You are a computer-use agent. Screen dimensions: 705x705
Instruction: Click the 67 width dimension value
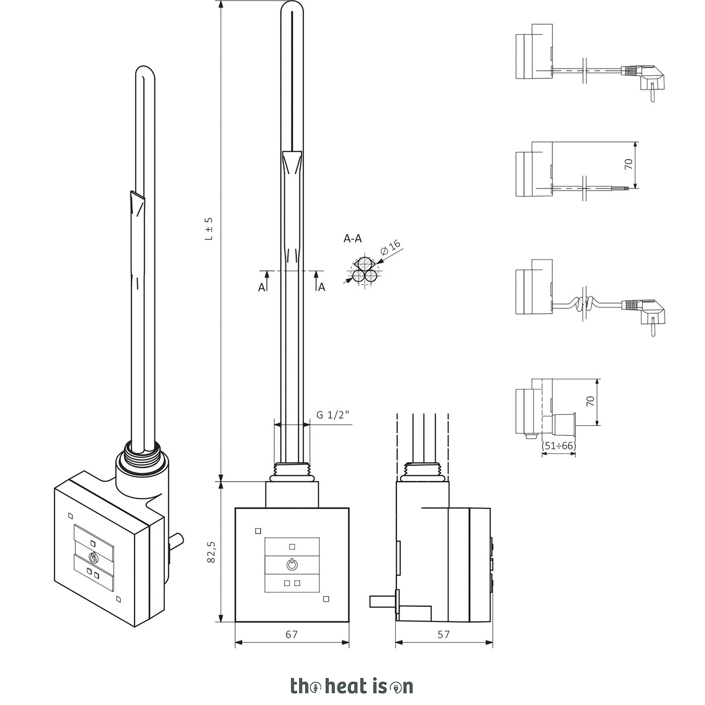[x=292, y=634]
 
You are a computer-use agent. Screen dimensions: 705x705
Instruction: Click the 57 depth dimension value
[x=444, y=634]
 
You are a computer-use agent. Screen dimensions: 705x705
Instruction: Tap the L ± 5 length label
[x=208, y=229]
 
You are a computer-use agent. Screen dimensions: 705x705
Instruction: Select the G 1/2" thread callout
[x=333, y=415]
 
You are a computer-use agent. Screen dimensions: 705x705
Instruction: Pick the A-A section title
[x=352, y=239]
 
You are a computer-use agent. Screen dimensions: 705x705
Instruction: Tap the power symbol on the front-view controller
[x=292, y=564]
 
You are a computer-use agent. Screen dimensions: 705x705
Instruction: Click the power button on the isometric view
[x=94, y=558]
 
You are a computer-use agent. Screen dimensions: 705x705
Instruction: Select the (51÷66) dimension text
[x=558, y=445]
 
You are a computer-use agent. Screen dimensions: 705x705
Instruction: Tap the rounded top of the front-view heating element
[x=292, y=8]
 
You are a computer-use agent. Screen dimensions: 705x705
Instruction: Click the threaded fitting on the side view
[x=423, y=473]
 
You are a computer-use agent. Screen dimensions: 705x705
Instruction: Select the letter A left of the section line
[x=261, y=288]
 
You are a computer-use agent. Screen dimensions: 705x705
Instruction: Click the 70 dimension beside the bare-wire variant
[x=628, y=164]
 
